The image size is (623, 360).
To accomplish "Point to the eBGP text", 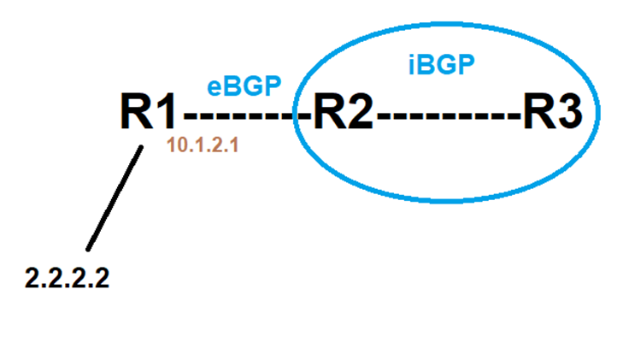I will [244, 86].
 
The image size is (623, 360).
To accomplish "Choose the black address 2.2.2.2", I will [67, 279].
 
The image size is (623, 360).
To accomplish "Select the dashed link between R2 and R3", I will [448, 115].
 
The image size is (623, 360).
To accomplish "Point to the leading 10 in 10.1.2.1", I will [174, 146].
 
